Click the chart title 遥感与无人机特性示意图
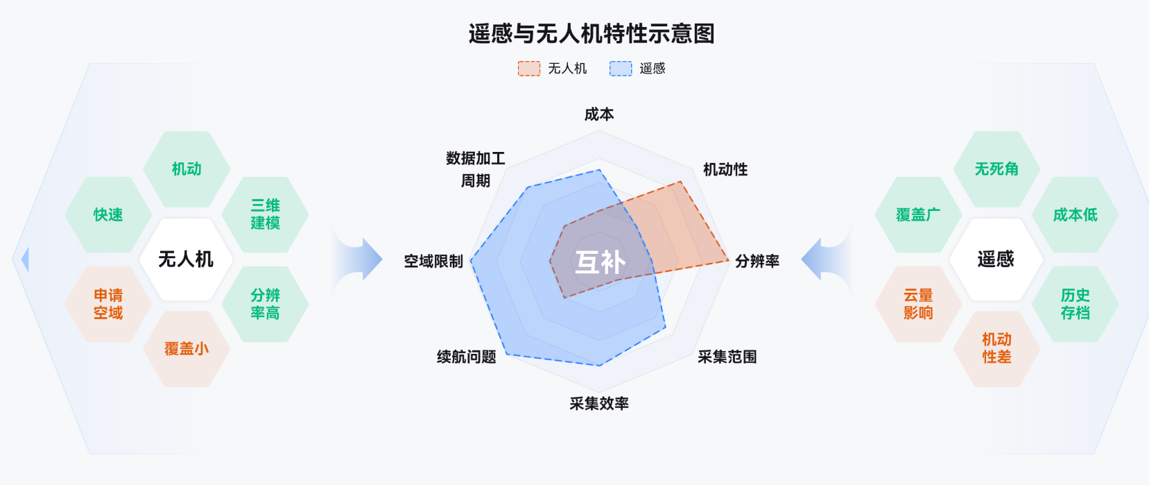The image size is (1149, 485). [591, 33]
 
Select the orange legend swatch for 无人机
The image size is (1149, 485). [529, 68]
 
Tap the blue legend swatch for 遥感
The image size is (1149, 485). [621, 68]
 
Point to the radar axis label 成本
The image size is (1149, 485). [599, 114]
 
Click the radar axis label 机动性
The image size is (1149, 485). [725, 169]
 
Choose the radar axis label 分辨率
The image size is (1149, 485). [757, 261]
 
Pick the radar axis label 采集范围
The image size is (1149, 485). [727, 357]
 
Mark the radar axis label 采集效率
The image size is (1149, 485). [599, 403]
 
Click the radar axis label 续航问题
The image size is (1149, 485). [467, 357]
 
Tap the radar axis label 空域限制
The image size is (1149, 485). [433, 261]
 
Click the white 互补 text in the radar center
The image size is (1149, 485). [601, 262]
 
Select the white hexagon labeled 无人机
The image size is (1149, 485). [186, 259]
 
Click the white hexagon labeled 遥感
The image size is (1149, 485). [996, 259]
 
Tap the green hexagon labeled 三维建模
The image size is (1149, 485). [265, 214]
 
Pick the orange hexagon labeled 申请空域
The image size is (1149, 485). [108, 304]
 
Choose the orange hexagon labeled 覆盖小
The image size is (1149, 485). [187, 348]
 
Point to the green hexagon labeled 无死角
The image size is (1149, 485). [996, 169]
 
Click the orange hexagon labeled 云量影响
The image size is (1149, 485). [918, 304]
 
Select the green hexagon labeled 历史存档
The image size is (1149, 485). [1075, 304]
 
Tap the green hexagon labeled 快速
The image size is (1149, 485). [108, 214]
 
